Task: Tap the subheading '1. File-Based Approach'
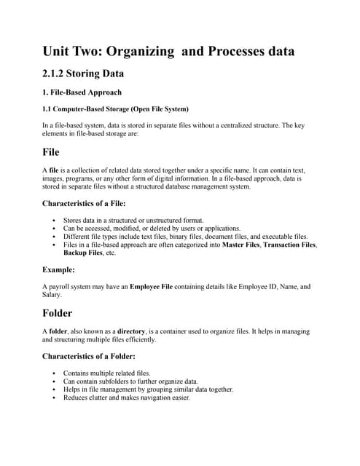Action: click(81, 93)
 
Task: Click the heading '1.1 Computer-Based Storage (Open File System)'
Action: click(115, 109)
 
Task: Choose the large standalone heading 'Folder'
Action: click(58, 313)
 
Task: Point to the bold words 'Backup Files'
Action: click(82, 253)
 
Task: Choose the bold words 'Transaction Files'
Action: click(289, 245)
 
